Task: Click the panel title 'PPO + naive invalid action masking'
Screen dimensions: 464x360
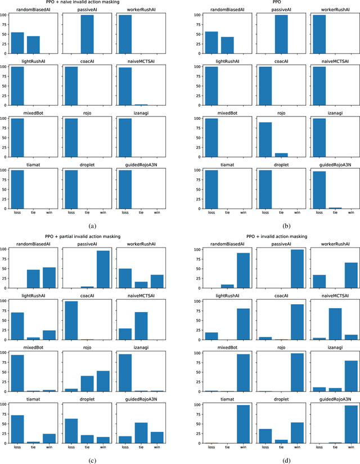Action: tap(90, 4)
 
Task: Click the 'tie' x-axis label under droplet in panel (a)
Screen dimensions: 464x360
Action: tap(87, 213)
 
